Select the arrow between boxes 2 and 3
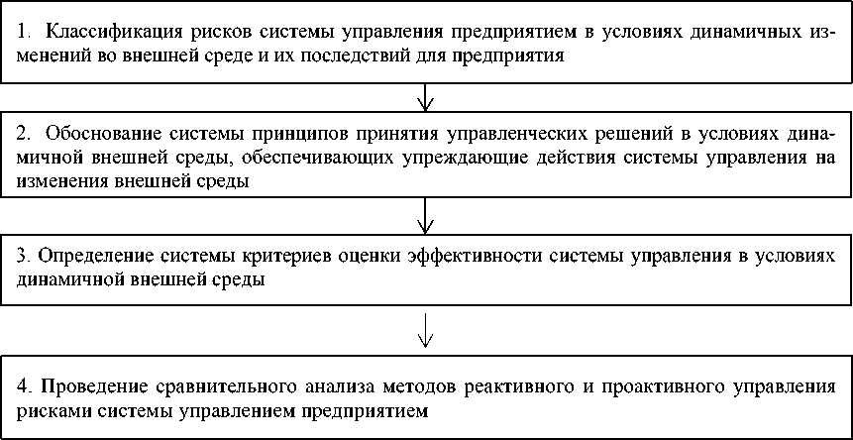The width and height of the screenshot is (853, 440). (426, 212)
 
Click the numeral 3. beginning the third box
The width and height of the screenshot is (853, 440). (25, 256)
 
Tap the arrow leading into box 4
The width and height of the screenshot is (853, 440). (426, 330)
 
